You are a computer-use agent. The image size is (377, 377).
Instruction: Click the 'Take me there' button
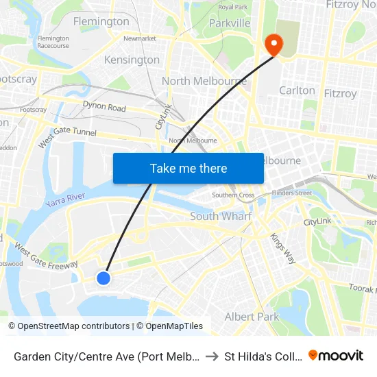[188, 169]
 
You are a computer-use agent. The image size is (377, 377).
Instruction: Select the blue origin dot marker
[104, 278]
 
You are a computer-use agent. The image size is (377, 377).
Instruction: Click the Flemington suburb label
[100, 21]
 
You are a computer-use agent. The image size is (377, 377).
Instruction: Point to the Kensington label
[132, 60]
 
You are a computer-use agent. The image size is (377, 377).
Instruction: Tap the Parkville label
[229, 23]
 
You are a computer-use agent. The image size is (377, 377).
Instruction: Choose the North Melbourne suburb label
[204, 82]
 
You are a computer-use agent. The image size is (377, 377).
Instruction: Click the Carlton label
[297, 90]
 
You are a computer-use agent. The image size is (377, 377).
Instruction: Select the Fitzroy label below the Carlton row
[340, 93]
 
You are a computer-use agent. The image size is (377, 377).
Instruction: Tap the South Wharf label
[221, 217]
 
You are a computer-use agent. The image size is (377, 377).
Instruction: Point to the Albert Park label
[252, 317]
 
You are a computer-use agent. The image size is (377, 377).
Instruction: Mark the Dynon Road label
[104, 108]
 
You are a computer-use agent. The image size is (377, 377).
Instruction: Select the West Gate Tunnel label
[68, 134]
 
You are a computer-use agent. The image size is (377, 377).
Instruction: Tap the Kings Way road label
[282, 249]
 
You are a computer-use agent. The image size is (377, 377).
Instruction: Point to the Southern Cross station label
[233, 195]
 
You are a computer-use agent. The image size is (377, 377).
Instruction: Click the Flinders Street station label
[292, 193]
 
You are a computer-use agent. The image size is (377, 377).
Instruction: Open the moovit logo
[336, 355]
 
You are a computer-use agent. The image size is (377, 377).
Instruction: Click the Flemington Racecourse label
[53, 42]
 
